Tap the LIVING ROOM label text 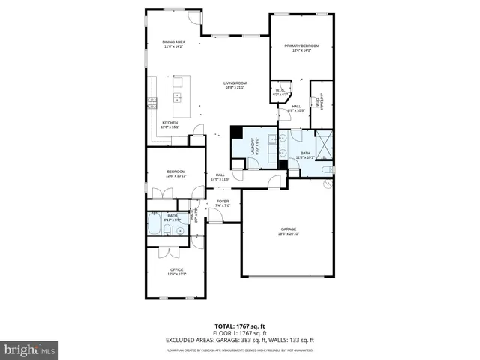235,82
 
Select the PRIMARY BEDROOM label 301,46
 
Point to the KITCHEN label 170,123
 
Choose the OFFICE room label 176,269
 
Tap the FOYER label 223,201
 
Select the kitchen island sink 178,96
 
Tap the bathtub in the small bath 155,223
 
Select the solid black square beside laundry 235,133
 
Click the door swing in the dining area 194,19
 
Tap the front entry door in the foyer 215,217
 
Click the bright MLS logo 29,349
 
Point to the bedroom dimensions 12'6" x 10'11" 175,175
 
